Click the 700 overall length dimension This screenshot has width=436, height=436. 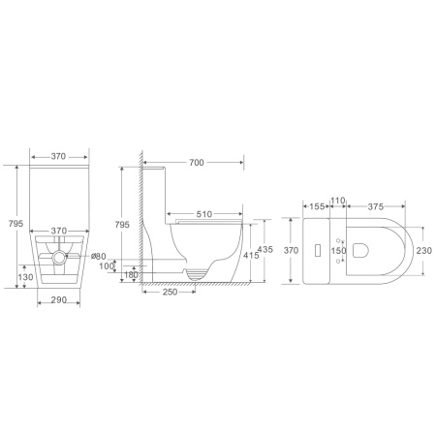coord(197,163)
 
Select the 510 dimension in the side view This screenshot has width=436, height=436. coord(204,214)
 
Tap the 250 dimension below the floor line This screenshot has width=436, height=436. coord(170,292)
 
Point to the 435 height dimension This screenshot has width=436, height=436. coord(265,249)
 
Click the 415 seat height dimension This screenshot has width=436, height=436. coord(251,255)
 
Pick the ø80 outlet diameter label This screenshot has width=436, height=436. coord(99,256)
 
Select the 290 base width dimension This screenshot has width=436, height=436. coord(59,299)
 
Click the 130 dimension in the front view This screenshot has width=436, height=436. coord(25,277)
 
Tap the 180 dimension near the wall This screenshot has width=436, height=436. coord(131,274)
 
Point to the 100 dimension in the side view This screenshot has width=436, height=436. coord(107,265)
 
